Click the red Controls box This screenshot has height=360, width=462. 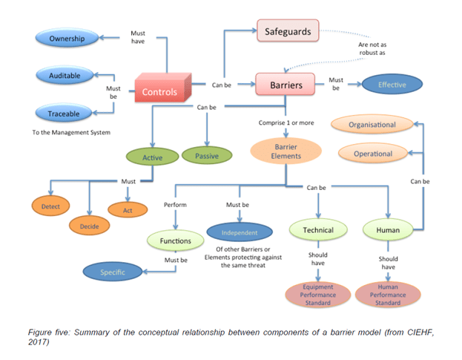click(160, 92)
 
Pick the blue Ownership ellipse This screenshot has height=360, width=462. click(67, 38)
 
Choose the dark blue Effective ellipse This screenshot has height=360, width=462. click(392, 85)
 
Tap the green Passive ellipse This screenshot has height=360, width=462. click(205, 156)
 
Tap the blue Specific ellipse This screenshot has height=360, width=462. click(113, 272)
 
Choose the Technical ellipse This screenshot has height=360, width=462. click(318, 230)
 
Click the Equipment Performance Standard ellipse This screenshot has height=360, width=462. click(317, 294)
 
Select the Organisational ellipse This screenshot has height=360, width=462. click(372, 125)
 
